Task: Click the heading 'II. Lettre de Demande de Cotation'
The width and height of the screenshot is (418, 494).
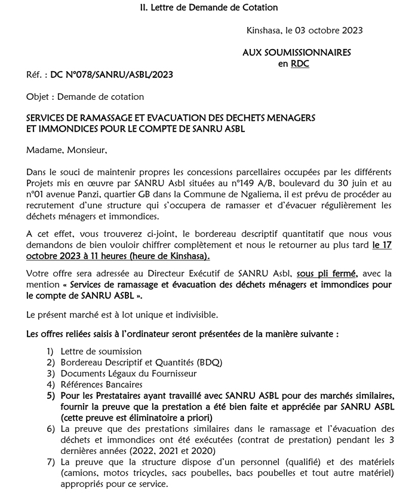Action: pyautogui.click(x=208, y=7)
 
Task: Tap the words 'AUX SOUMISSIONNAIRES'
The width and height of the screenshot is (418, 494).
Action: pyautogui.click(x=296, y=53)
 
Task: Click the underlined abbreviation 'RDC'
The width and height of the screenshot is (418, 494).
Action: pyautogui.click(x=300, y=63)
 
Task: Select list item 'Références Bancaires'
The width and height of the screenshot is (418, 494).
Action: pyautogui.click(x=102, y=384)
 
